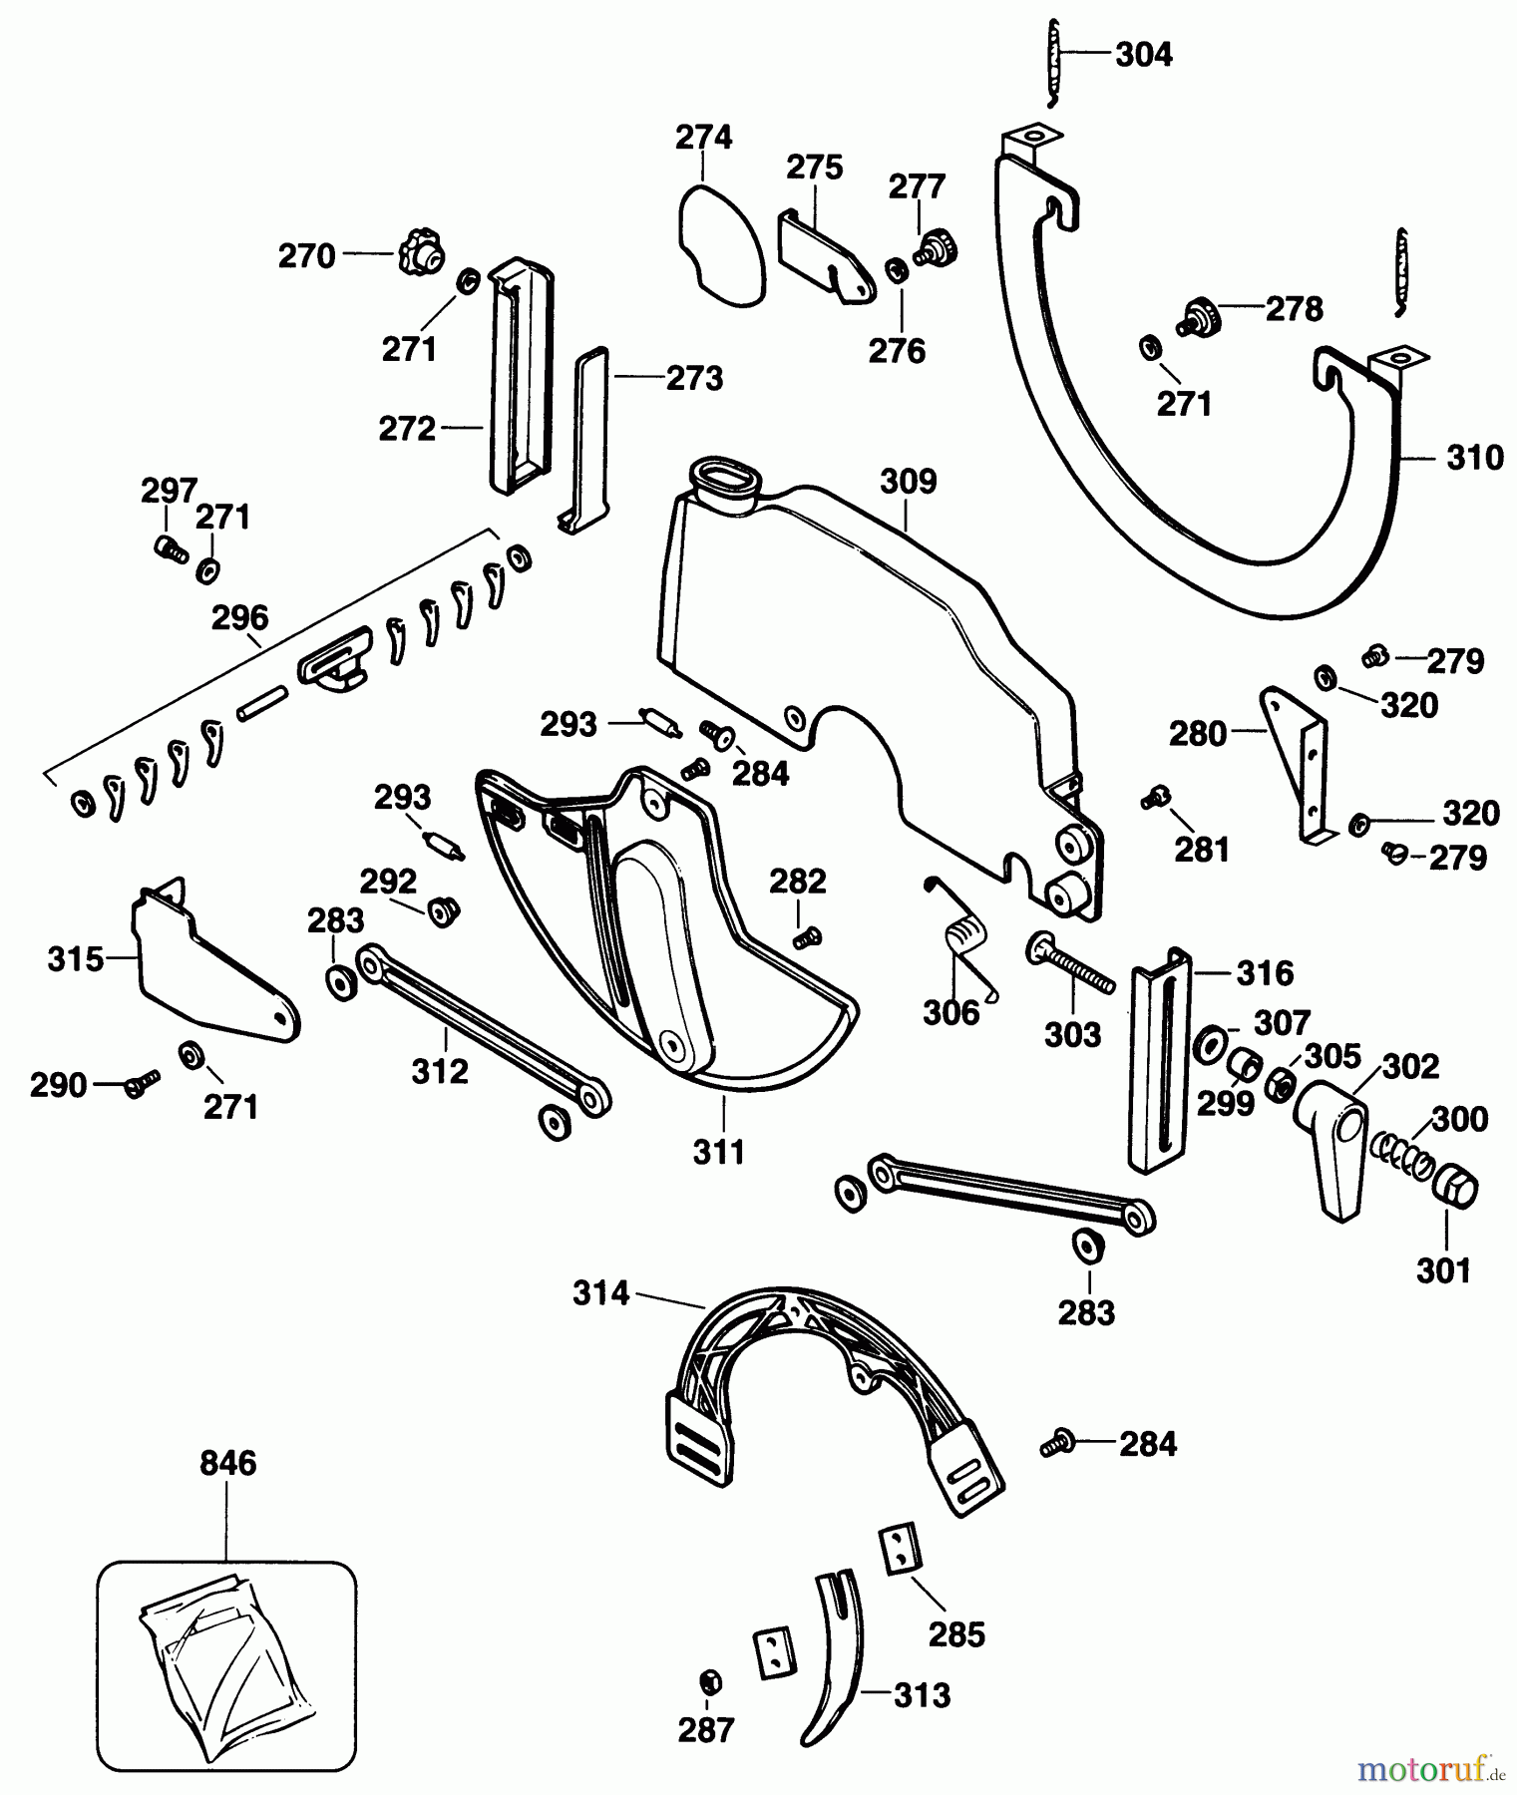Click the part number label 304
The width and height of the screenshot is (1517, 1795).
(1143, 55)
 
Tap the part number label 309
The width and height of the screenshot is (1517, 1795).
(908, 483)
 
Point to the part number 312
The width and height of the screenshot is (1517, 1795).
(440, 1071)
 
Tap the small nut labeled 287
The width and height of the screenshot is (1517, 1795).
(707, 1681)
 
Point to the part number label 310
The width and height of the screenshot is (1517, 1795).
(1474, 459)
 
